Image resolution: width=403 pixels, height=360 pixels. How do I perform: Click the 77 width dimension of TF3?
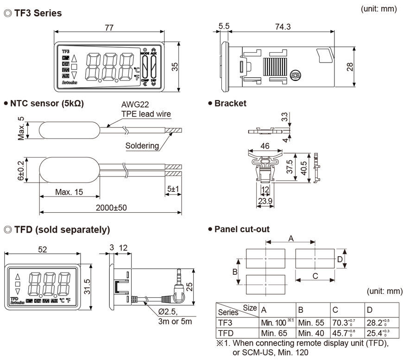pos(109,27)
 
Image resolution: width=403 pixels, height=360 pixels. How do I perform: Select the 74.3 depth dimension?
pos(283,27)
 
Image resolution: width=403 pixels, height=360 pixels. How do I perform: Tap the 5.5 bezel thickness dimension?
pos(224,27)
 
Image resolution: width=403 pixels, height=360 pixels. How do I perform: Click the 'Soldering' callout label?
pos(142,146)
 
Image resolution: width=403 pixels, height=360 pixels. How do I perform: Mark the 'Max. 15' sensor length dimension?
pos(70,191)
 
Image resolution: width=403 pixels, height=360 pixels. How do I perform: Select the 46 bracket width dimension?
pos(265,146)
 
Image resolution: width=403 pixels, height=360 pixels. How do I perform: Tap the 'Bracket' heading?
pos(230,103)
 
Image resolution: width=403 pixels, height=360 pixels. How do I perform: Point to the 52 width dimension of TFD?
pos(43,249)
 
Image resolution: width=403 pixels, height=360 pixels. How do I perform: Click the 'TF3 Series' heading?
pos(37,13)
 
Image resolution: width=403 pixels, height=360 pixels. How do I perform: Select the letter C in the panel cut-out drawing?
pos(315,277)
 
